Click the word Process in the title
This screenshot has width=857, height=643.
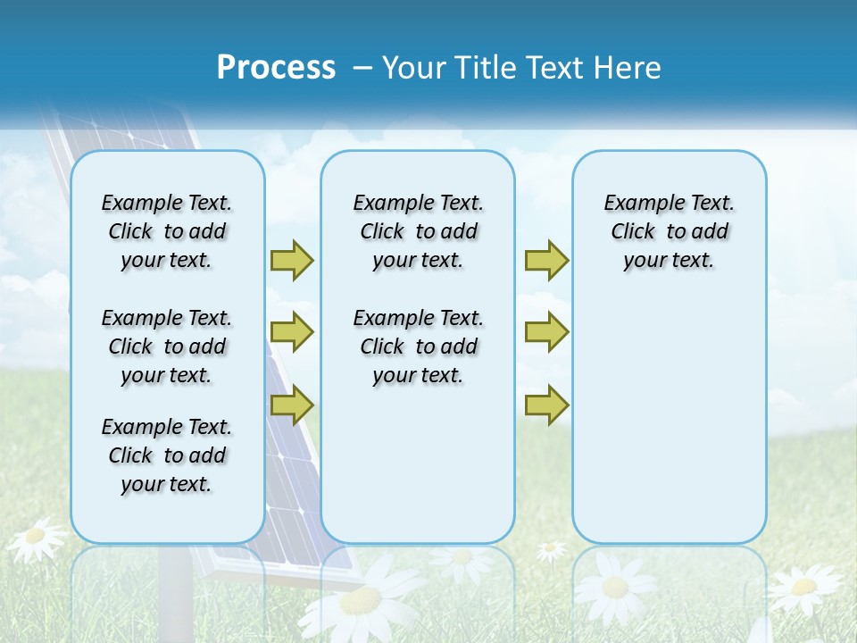click(x=276, y=68)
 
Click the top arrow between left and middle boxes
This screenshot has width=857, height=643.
click(x=292, y=260)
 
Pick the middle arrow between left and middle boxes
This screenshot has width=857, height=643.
click(x=292, y=332)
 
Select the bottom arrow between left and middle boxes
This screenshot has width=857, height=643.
click(x=292, y=405)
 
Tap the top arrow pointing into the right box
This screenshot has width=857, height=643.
click(x=546, y=260)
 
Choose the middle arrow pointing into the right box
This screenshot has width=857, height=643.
click(x=546, y=332)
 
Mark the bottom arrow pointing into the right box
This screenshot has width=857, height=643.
click(x=546, y=405)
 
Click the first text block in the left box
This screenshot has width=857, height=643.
click(x=167, y=231)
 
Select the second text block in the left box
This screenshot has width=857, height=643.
click(x=167, y=347)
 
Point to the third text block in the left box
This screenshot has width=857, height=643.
click(x=167, y=455)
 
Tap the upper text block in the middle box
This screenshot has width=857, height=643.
click(x=418, y=231)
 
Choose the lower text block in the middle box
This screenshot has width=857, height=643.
click(x=418, y=347)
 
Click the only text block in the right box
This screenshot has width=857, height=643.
click(x=669, y=231)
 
